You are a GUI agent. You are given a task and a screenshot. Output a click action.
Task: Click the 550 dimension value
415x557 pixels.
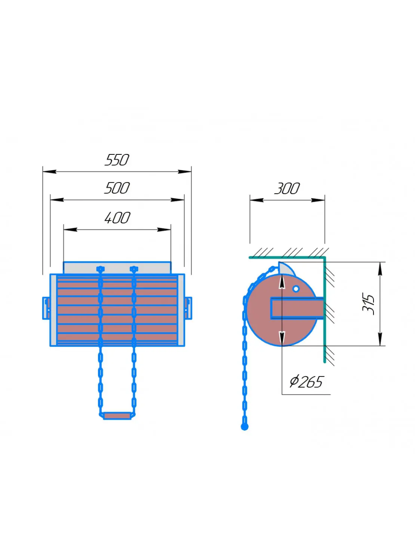[117, 160]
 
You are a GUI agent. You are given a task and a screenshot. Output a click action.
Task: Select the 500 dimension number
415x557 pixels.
[117, 188]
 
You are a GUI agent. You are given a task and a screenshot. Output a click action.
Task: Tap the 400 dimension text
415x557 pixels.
[117, 218]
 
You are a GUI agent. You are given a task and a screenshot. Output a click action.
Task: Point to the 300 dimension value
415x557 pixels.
[287, 189]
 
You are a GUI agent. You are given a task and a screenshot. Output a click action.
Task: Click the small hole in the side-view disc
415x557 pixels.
[296, 289]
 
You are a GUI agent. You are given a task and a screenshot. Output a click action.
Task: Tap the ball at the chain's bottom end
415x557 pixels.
[244, 426]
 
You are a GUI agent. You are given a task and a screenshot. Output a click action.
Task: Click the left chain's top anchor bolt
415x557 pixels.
[100, 269]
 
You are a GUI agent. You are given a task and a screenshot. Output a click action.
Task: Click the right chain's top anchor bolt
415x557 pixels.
[134, 269]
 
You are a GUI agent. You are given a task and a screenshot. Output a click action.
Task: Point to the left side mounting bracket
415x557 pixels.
[46, 308]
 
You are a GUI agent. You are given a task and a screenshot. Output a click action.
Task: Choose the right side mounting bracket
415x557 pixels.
[188, 308]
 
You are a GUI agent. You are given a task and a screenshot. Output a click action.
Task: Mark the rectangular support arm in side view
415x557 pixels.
[297, 308]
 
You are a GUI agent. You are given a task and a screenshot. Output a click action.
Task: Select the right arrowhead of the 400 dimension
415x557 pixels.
[164, 230]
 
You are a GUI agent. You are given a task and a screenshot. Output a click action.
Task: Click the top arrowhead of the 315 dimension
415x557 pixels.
[380, 269]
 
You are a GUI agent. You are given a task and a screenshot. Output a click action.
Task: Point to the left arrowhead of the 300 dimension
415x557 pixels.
[257, 200]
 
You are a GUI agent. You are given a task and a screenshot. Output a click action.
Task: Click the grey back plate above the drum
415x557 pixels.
[117, 268]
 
